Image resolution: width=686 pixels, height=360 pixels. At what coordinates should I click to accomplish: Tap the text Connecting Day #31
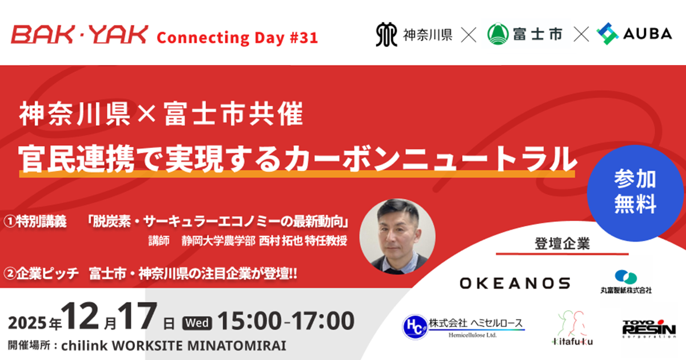coord(237,38)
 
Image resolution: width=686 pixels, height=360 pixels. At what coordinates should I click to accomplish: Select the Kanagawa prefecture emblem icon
coord(386,34)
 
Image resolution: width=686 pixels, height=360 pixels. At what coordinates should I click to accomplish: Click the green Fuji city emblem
coord(497,34)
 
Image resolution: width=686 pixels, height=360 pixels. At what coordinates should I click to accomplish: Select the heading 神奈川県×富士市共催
coord(161,115)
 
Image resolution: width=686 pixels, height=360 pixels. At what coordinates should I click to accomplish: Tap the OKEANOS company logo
coord(514,283)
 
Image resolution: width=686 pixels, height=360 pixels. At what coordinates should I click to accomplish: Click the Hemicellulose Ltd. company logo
coord(463,326)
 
